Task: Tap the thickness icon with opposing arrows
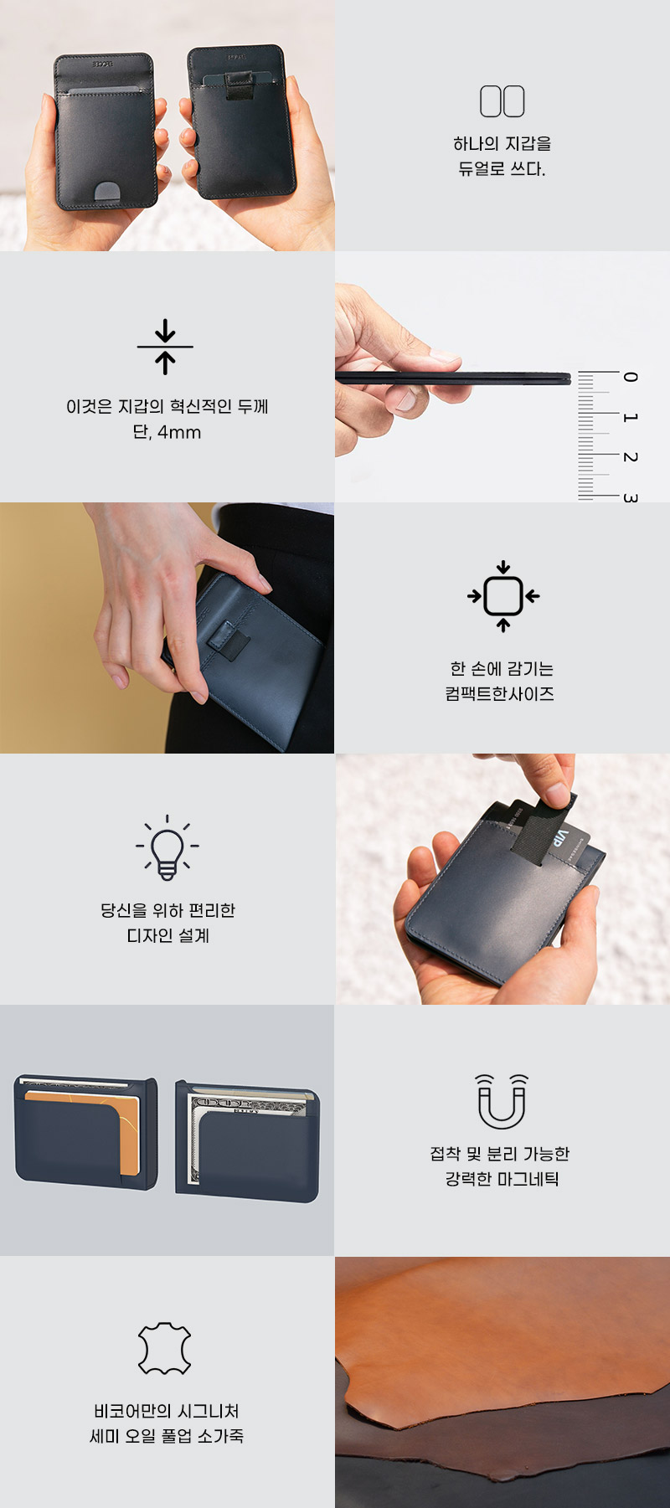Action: pyautogui.click(x=166, y=346)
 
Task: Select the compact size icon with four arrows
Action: pyautogui.click(x=503, y=596)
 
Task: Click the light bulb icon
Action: pyautogui.click(x=167, y=847)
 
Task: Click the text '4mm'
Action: pyautogui.click(x=179, y=433)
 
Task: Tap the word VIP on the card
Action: pyautogui.click(x=559, y=837)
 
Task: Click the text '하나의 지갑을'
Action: pyautogui.click(x=502, y=143)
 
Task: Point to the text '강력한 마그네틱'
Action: pyautogui.click(x=502, y=1179)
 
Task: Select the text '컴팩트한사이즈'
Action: pyautogui.click(x=500, y=693)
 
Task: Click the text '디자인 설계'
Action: pyautogui.click(x=167, y=935)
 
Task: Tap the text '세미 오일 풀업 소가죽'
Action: pyautogui.click(x=167, y=1436)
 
